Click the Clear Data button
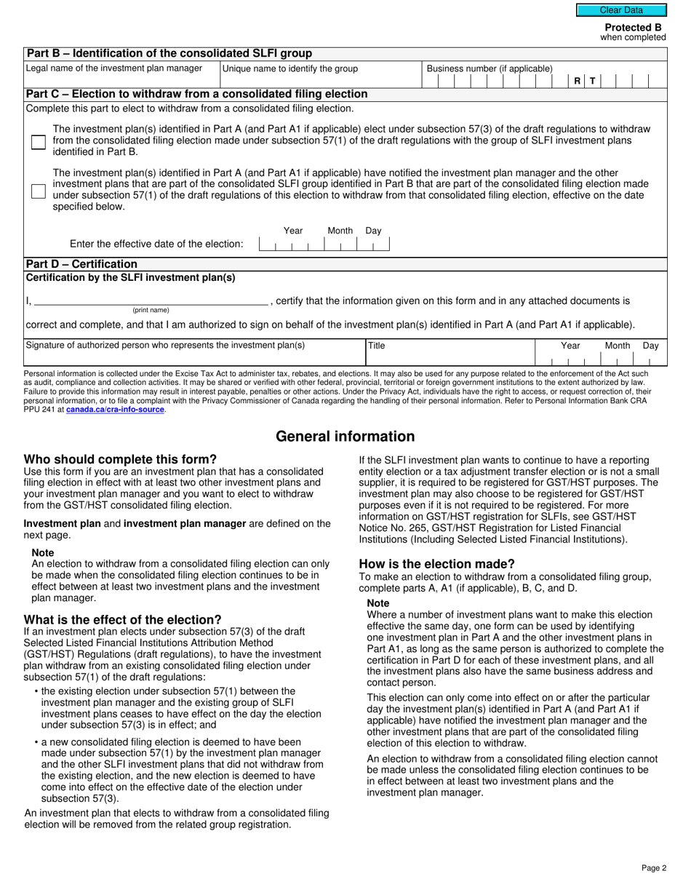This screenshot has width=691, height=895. (621, 10)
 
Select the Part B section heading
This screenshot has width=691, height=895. (169, 53)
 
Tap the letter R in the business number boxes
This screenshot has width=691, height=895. (577, 81)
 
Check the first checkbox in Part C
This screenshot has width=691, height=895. (39, 142)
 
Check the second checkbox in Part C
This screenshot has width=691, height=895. (39, 191)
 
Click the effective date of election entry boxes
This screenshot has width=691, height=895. (324, 244)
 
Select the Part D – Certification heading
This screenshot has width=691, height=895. (81, 263)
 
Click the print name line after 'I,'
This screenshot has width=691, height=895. (151, 301)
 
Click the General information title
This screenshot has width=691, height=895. (345, 437)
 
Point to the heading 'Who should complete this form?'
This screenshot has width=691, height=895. (120, 459)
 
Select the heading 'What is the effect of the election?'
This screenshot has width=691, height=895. (122, 620)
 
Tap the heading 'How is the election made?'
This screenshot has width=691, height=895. (436, 564)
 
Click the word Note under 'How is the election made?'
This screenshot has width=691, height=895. (378, 603)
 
